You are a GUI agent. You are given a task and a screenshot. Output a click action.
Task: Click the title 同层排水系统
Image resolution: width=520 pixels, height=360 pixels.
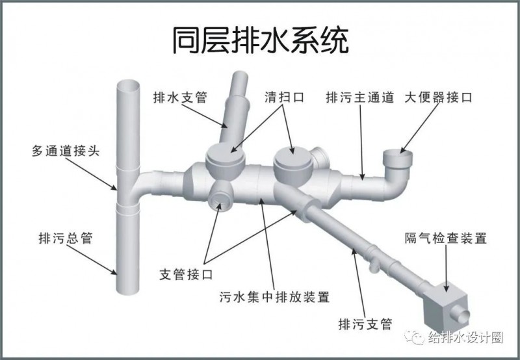click(261, 41)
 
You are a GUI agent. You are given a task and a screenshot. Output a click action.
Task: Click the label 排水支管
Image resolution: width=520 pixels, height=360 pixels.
click(180, 97)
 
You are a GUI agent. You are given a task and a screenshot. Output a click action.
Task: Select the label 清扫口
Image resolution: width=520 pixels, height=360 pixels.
click(284, 97)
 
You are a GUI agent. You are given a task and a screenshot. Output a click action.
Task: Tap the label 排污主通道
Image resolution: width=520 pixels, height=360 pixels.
click(360, 97)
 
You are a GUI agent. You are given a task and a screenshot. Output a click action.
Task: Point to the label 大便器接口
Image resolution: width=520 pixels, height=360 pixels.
click(438, 97)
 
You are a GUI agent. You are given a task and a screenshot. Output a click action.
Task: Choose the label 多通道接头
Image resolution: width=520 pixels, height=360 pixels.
click(66, 151)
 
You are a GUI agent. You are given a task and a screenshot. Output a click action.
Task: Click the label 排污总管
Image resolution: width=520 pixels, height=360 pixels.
click(66, 238)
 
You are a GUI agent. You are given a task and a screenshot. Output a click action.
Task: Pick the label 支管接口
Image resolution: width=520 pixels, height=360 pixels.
click(186, 274)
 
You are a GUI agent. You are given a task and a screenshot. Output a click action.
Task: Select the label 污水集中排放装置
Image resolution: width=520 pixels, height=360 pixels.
click(274, 297)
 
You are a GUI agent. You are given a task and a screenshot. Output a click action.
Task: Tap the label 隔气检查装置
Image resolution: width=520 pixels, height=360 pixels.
click(446, 238)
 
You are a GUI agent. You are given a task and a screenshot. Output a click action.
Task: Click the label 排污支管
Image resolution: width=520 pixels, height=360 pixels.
click(365, 324)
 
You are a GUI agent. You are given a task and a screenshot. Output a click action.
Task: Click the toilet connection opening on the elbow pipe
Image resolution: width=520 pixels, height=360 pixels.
click(398, 155)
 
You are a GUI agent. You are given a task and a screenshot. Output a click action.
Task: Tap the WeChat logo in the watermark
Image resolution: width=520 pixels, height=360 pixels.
click(414, 337)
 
